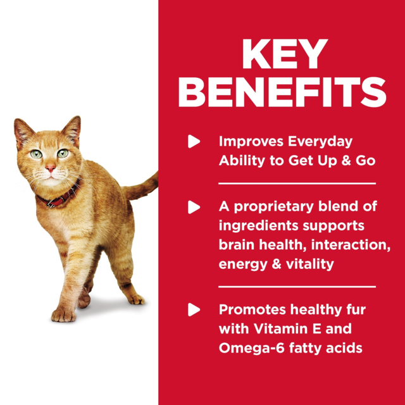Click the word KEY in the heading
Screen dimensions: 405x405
pos(282,56)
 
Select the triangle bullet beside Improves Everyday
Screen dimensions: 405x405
pos(194,142)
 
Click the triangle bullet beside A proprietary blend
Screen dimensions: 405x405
pos(194,207)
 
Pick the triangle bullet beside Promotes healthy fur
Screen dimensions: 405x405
pos(194,310)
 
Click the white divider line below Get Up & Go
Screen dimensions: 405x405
pos(297,184)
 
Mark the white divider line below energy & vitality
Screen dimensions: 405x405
pos(297,287)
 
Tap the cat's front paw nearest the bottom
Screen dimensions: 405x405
pos(63,313)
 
